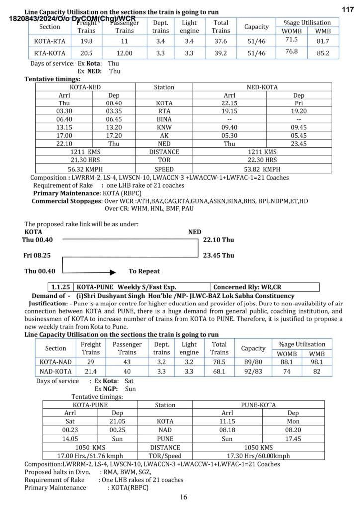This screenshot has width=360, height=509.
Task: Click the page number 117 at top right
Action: click(348, 10)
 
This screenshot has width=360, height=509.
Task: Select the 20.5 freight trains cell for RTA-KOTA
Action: click(87, 53)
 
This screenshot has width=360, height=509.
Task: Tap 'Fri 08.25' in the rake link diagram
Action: click(38, 256)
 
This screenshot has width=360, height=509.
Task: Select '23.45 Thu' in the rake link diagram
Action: click(218, 256)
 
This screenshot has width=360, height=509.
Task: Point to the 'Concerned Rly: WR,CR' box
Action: click(246, 287)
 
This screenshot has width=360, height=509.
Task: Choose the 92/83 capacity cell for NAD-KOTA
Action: click(253, 371)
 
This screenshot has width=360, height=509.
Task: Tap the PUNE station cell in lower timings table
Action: click(165, 439)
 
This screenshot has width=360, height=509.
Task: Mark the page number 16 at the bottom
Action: click(183, 497)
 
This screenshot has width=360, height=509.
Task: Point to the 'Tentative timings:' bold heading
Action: click(52, 79)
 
